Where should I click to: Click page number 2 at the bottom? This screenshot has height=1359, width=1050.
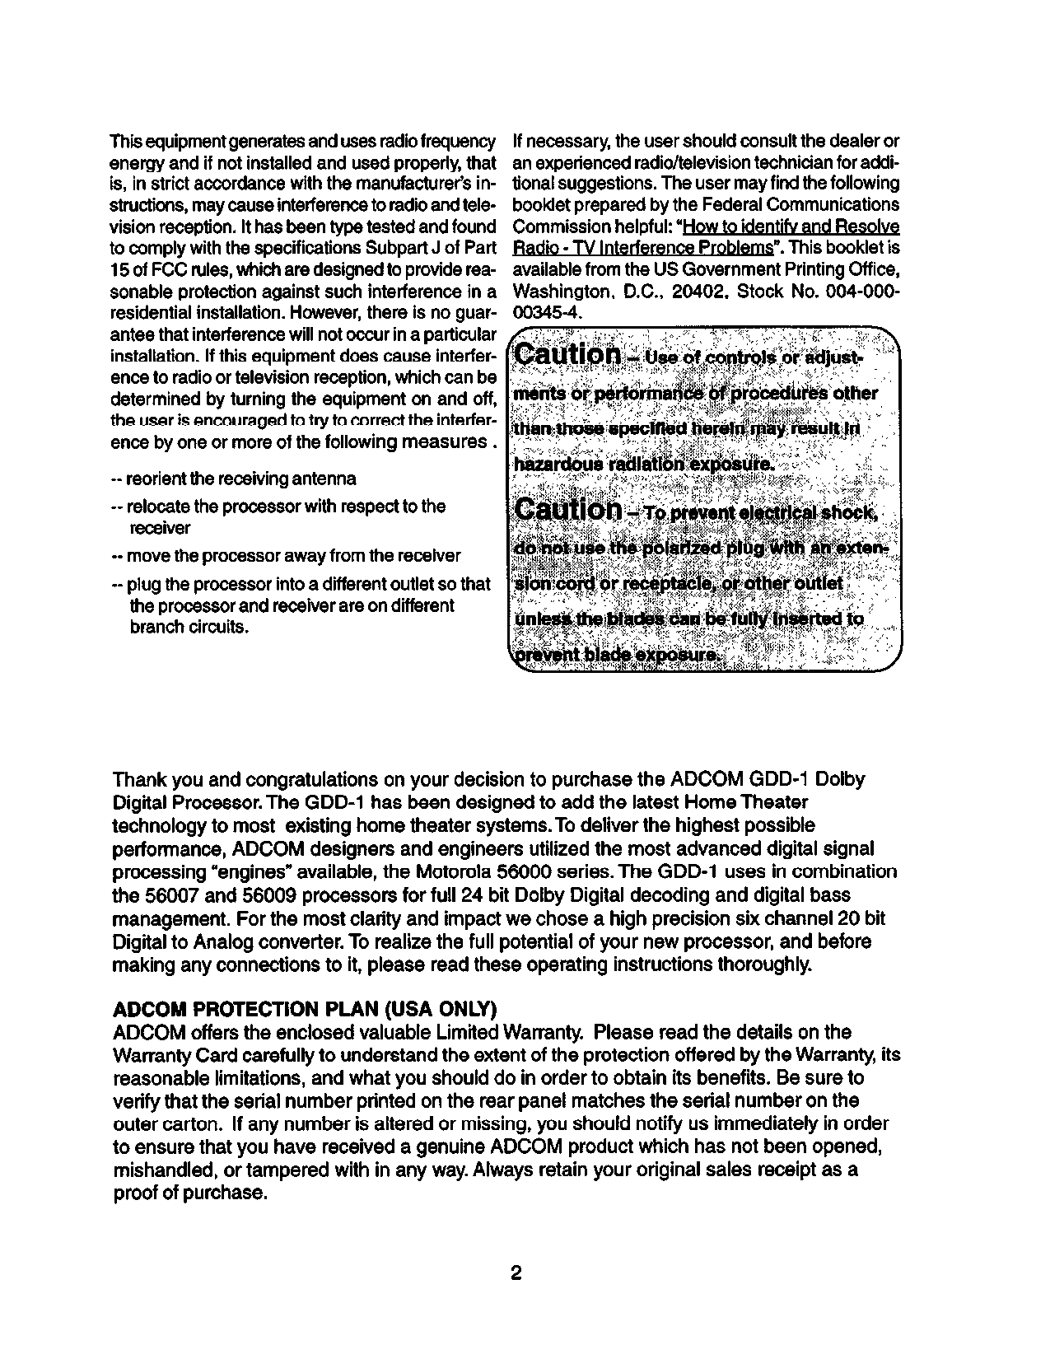(x=516, y=1274)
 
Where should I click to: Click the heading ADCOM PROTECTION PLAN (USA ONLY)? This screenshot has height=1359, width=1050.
(x=304, y=1010)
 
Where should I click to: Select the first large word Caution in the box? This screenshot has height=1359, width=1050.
(x=567, y=355)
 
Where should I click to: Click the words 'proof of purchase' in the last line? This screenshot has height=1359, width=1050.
(x=189, y=1193)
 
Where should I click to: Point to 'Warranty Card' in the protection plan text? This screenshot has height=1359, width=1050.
(x=164, y=1056)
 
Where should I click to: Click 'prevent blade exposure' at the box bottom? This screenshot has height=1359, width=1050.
(x=615, y=654)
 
